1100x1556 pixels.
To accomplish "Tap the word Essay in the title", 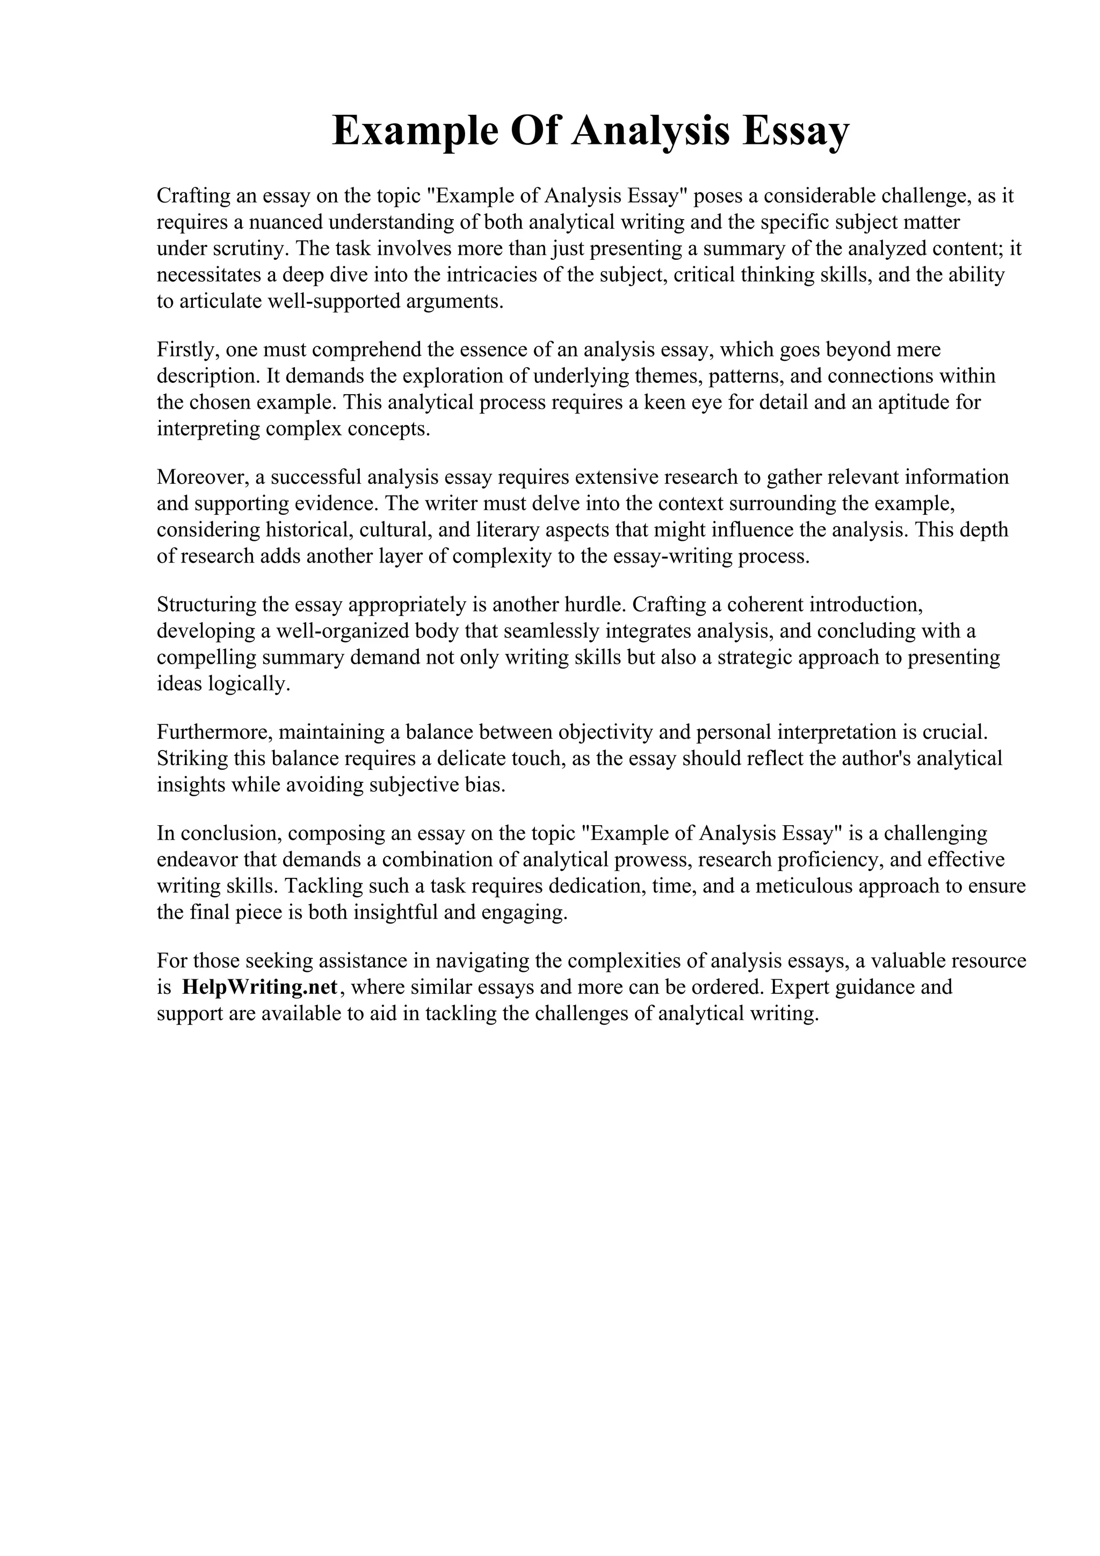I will (x=795, y=131).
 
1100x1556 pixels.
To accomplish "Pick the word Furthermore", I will (x=214, y=732).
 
